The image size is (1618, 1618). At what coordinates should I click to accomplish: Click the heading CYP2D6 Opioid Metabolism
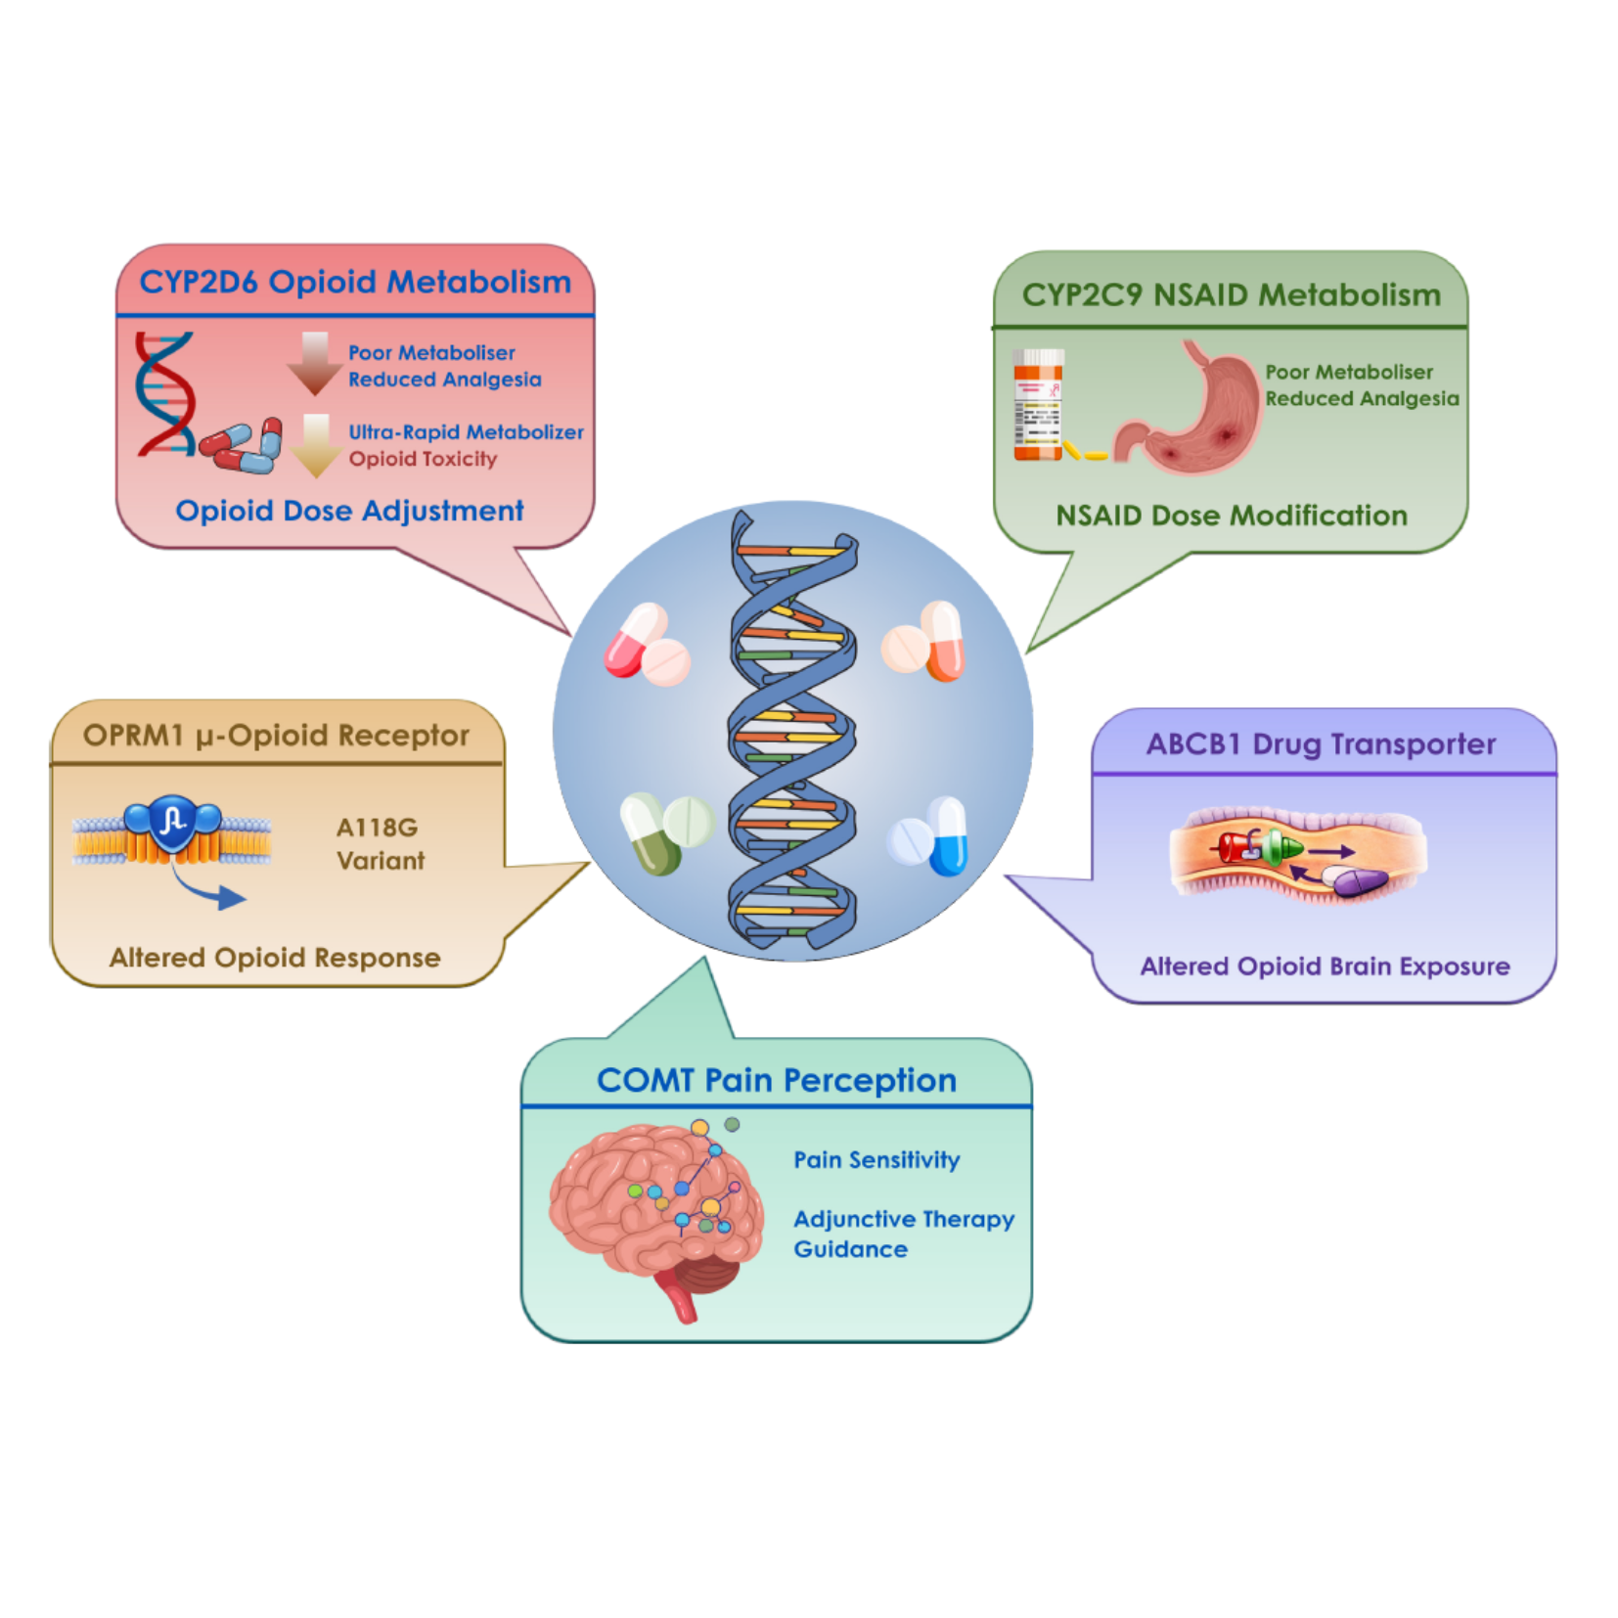pos(354,282)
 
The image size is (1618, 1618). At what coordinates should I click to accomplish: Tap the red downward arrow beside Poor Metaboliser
pos(314,363)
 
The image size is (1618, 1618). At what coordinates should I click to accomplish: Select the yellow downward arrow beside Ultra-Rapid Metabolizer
pos(315,445)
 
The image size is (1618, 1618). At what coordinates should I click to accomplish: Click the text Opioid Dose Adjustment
pos(349,511)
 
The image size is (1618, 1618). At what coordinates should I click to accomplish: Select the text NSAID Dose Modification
pos(1231,516)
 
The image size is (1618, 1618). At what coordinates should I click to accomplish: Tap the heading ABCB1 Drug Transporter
pos(1321,744)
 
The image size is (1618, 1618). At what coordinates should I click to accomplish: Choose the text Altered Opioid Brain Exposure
pos(1325,966)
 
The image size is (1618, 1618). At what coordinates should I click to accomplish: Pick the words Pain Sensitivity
pos(876,1160)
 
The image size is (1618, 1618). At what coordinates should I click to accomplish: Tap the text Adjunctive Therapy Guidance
pos(902,1234)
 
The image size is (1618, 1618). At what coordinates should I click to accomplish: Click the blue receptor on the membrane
pos(173,822)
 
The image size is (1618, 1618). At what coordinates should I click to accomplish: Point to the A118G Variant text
pos(380,844)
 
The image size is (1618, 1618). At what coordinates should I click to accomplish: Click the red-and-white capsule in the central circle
pos(635,641)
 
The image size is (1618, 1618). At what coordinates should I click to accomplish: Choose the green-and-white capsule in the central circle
pos(650,834)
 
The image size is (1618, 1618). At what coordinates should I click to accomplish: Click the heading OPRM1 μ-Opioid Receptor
pos(276,736)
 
